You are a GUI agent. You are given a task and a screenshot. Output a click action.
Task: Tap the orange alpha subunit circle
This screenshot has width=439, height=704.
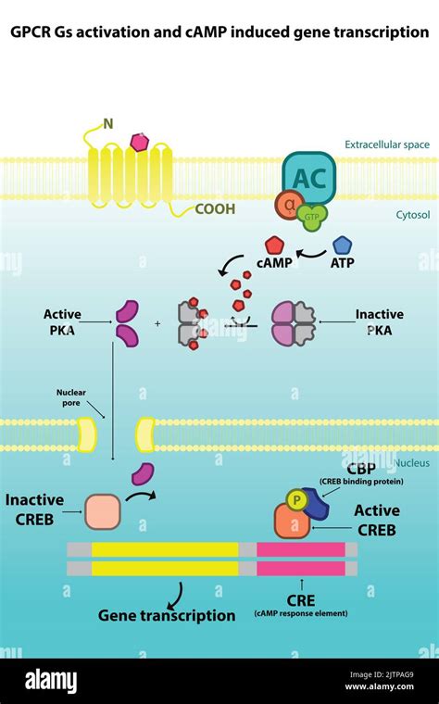click(288, 206)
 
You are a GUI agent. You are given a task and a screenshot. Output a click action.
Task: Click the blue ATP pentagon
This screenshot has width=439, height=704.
click(343, 245)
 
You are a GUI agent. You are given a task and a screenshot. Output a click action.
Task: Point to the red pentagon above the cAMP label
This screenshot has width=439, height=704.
click(274, 245)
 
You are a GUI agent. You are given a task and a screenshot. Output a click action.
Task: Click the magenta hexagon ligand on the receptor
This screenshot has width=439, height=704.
click(140, 142)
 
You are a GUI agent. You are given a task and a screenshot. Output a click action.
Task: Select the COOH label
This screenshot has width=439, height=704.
click(214, 209)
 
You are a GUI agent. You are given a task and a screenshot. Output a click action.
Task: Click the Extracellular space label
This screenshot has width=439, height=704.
click(386, 145)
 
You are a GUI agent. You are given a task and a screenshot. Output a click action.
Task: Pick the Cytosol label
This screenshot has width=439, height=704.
click(412, 215)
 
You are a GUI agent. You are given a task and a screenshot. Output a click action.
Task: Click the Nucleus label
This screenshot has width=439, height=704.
click(412, 462)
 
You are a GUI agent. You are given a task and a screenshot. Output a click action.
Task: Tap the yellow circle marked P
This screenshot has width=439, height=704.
click(294, 498)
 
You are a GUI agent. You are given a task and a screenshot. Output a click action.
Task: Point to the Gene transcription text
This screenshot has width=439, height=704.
click(167, 615)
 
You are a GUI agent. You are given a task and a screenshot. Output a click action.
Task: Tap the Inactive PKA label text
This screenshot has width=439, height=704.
click(379, 321)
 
